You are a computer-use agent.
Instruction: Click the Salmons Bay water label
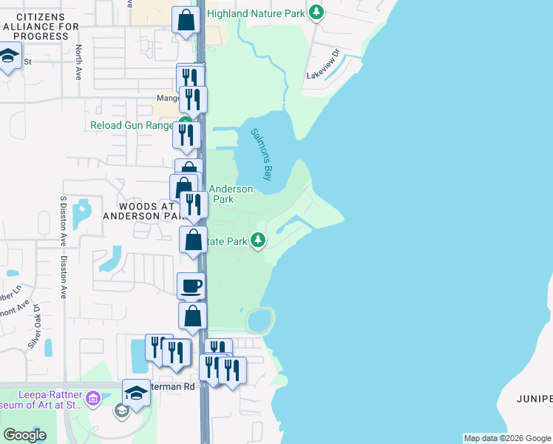click(x=261, y=154)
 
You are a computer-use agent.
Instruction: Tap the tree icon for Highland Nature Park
click(x=316, y=12)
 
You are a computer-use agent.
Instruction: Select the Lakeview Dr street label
click(x=322, y=64)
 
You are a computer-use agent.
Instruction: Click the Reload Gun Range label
click(x=132, y=125)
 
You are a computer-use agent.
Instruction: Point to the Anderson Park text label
click(x=233, y=194)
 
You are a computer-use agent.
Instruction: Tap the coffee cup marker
click(x=191, y=285)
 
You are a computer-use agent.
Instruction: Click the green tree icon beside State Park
click(x=258, y=240)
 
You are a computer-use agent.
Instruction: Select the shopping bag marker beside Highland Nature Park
click(x=186, y=19)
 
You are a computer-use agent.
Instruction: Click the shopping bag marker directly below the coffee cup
click(x=192, y=315)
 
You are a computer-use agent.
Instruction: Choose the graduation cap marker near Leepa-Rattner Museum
click(x=136, y=393)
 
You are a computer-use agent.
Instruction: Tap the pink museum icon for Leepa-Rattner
click(x=92, y=400)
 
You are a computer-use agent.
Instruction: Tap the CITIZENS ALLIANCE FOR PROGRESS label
click(x=40, y=26)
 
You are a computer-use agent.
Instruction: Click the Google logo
click(x=25, y=435)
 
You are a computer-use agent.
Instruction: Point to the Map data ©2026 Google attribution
click(x=507, y=438)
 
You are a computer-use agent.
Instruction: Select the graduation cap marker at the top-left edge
click(x=9, y=58)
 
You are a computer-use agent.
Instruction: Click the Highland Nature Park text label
click(x=256, y=13)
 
